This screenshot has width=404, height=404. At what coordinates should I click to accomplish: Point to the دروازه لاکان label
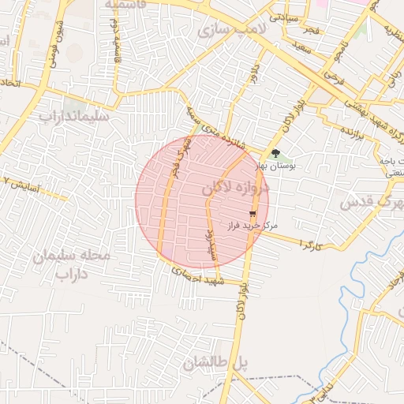tap(236, 188)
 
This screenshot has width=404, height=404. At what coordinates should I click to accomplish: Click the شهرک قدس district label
tap(371, 204)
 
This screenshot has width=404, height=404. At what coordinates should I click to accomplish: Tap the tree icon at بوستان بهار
tap(275, 154)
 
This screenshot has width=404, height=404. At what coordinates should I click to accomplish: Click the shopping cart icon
tap(252, 214)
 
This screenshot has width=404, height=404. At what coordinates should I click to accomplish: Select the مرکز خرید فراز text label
tap(252, 226)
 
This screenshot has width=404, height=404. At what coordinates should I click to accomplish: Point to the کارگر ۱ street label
tap(314, 243)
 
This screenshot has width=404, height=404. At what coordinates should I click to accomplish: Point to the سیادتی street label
tap(284, 16)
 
